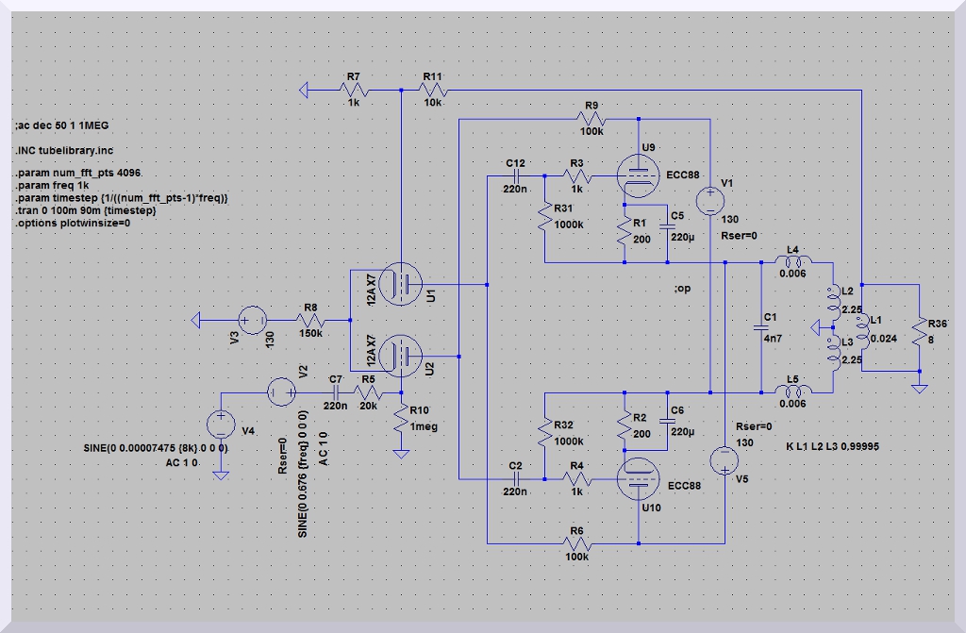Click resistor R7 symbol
point(354,90)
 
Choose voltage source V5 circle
point(724,459)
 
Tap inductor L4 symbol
point(792,262)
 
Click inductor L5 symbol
point(792,391)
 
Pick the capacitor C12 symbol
point(515,175)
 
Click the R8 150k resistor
point(311,321)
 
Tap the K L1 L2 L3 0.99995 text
point(832,445)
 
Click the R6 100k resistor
point(577,542)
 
